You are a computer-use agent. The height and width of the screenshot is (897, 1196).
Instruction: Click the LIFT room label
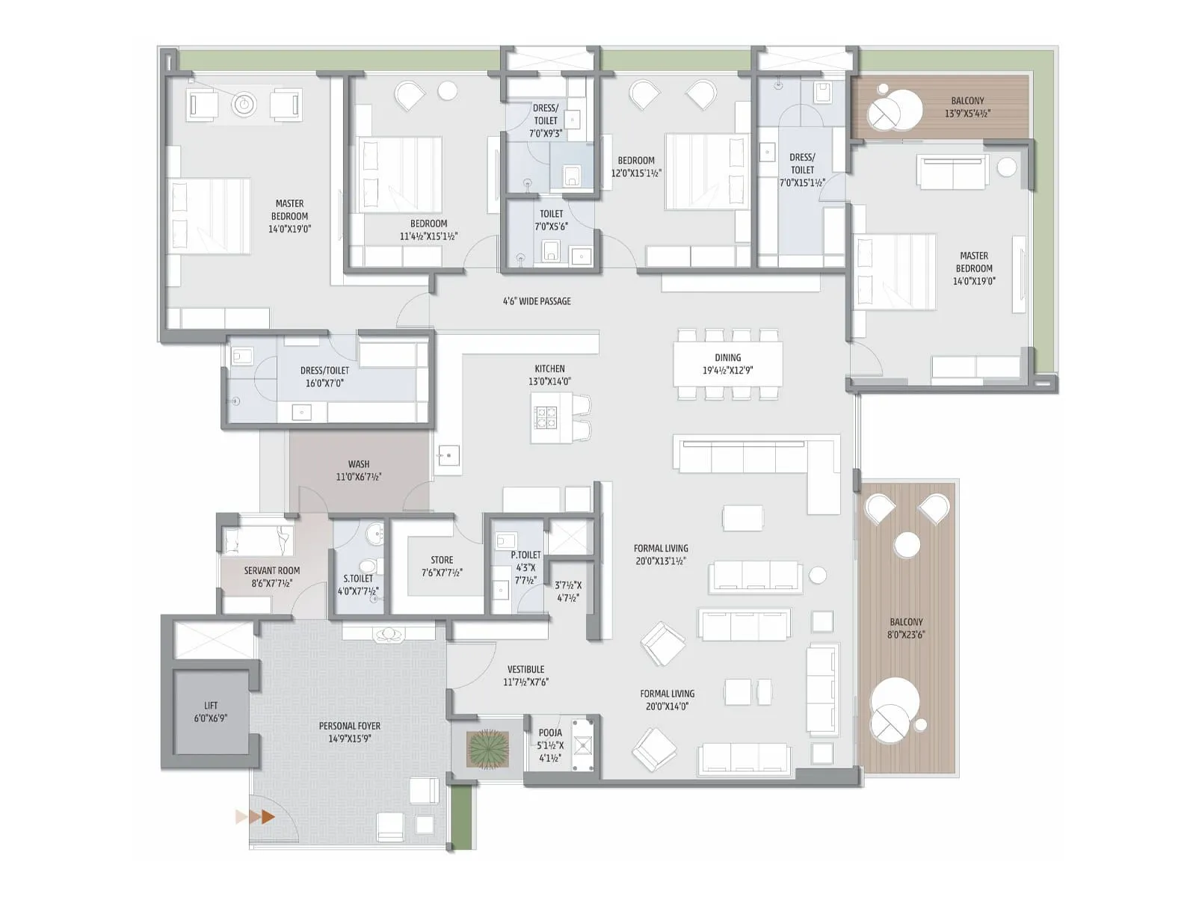click(x=211, y=705)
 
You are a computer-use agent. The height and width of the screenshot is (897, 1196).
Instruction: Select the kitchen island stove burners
click(x=546, y=417)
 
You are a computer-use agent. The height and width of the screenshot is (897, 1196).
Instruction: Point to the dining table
click(x=728, y=363)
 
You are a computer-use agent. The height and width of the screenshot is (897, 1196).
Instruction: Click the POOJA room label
click(x=550, y=733)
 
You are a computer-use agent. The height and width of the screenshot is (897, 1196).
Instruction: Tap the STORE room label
click(x=442, y=560)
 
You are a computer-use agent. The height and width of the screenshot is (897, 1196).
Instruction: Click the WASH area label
click(x=359, y=464)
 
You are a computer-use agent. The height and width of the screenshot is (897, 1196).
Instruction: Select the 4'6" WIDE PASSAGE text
click(x=537, y=301)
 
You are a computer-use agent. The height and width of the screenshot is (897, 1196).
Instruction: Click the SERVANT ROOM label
click(x=271, y=570)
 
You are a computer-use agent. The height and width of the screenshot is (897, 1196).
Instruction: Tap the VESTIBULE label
click(x=525, y=669)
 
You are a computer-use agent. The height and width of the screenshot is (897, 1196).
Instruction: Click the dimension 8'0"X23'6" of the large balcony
click(x=906, y=635)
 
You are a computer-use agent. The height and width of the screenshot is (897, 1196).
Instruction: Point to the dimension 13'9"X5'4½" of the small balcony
click(x=967, y=114)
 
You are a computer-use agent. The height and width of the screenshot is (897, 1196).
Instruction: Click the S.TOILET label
click(x=358, y=579)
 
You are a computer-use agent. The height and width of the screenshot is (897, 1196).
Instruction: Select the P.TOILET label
click(x=525, y=555)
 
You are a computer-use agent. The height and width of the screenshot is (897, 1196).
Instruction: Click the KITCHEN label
click(x=549, y=369)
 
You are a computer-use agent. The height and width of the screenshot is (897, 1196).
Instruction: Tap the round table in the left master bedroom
click(x=244, y=105)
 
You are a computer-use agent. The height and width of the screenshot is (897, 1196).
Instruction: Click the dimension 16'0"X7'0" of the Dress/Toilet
click(x=324, y=383)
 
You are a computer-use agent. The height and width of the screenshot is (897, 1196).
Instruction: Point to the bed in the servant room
click(x=258, y=540)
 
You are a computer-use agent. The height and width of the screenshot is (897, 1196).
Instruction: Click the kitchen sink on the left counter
click(x=449, y=454)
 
